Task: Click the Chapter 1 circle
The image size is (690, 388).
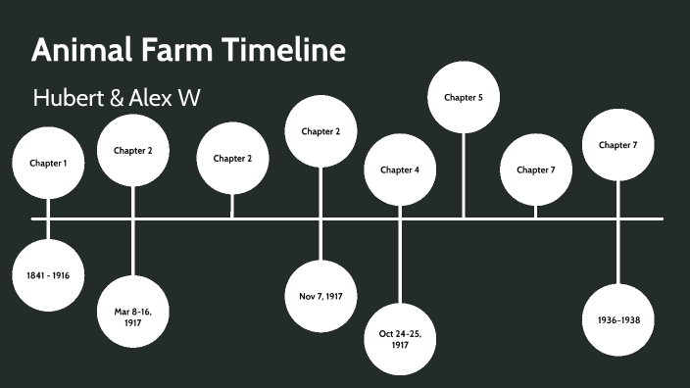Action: [48, 163]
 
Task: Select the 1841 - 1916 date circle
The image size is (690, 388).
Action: [48, 275]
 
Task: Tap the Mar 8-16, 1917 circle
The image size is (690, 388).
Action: [133, 315]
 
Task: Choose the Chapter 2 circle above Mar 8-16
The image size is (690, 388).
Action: [133, 151]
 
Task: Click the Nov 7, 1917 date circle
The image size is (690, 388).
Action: [320, 296]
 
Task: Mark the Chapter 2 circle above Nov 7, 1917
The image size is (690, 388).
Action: [320, 131]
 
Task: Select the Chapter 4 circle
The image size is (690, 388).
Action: [400, 170]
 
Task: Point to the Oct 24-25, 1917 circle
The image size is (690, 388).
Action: [400, 339]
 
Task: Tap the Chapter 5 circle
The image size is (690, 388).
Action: [464, 97]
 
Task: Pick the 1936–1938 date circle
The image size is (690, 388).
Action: [618, 319]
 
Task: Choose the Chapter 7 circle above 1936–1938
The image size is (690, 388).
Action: [618, 145]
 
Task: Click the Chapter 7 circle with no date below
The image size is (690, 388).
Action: [535, 170]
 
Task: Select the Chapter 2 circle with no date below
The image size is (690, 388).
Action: [232, 158]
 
